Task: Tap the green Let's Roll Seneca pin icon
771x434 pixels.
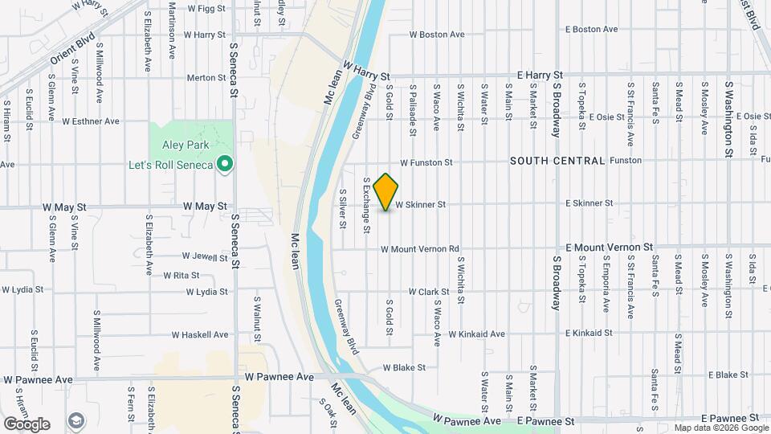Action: [x=226, y=165]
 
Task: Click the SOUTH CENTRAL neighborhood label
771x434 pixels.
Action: [x=557, y=161]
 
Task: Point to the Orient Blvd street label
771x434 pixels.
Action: [x=72, y=50]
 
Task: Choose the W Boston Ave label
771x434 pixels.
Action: [x=437, y=35]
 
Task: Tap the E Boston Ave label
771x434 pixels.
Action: [x=591, y=29]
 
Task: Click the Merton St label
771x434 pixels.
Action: [x=206, y=78]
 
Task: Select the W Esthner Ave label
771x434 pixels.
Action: [x=91, y=121]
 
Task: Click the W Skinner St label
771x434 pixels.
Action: [x=420, y=205]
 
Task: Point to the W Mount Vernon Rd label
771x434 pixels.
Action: [x=419, y=249]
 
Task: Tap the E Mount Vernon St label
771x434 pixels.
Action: [x=610, y=248]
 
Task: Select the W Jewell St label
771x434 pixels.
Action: [x=205, y=256]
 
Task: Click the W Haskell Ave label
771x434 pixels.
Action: [x=200, y=334]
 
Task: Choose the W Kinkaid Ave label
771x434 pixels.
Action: [x=476, y=334]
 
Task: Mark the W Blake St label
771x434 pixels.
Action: [x=403, y=367]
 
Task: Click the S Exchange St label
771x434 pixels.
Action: [x=366, y=206]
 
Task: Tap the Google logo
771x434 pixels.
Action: [x=27, y=424]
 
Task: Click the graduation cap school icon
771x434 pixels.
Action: [x=76, y=420]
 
